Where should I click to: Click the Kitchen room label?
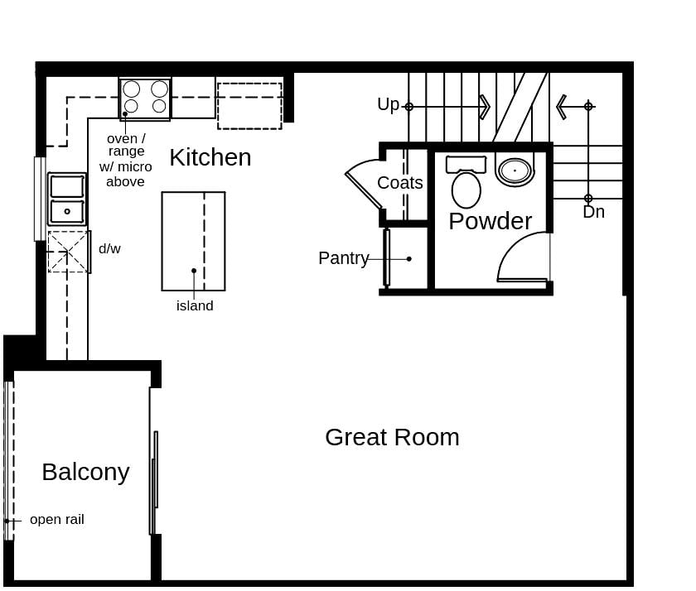pyautogui.click(x=210, y=157)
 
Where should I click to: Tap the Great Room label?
pyautogui.click(x=392, y=437)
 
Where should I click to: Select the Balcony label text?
pyautogui.click(x=85, y=472)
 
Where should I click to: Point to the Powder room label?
pyautogui.click(x=490, y=221)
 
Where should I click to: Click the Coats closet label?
pyautogui.click(x=400, y=183)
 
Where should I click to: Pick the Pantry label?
pyautogui.click(x=343, y=258)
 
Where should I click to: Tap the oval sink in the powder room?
pyautogui.click(x=515, y=171)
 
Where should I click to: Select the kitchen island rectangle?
pyautogui.click(x=193, y=241)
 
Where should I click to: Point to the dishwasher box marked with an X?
pyautogui.click(x=68, y=252)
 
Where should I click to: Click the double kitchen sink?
pyautogui.click(x=67, y=199)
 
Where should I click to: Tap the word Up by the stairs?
pyautogui.click(x=388, y=105)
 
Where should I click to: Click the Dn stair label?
pyautogui.click(x=593, y=212)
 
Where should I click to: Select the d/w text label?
pyautogui.click(x=109, y=248)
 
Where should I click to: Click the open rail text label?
pyautogui.click(x=56, y=520)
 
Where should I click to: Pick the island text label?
pyautogui.click(x=195, y=306)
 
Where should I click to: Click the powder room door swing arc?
pyautogui.click(x=520, y=257)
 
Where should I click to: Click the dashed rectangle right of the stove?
pyautogui.click(x=249, y=106)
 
